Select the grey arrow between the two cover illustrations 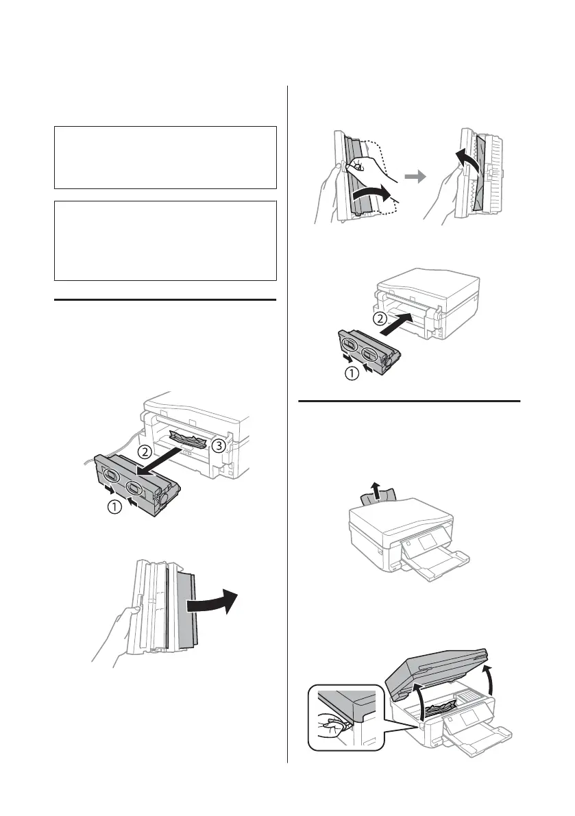point(413,176)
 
